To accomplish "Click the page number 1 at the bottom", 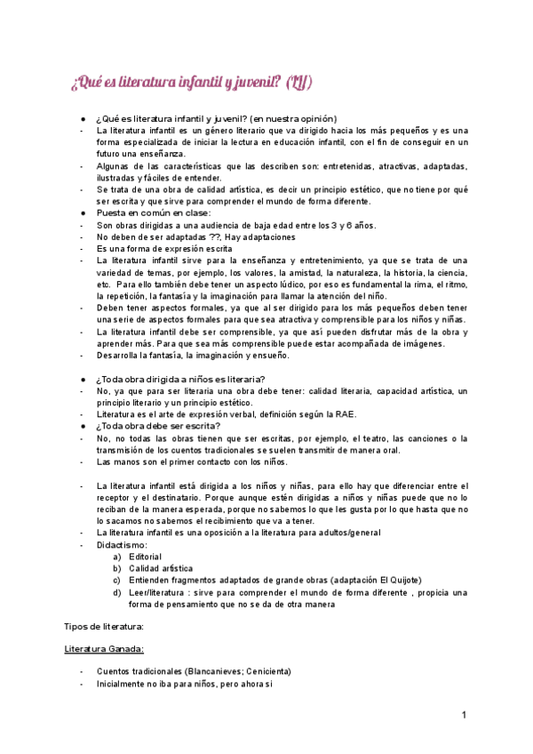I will pos(465,714).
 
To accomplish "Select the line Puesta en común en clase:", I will pos(155,213).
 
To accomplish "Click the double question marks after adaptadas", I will pos(215,237).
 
